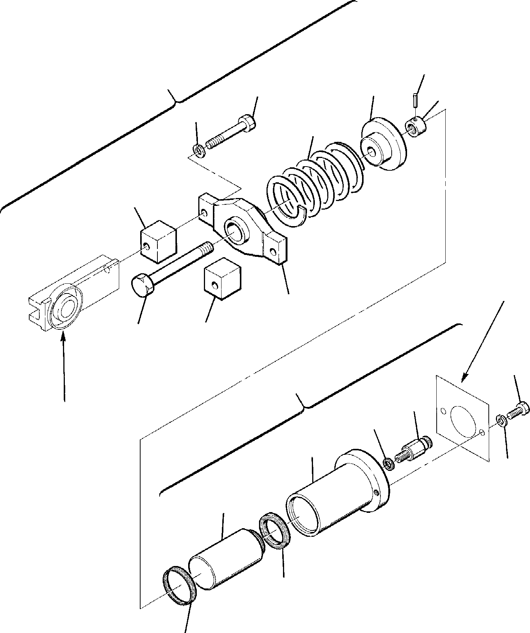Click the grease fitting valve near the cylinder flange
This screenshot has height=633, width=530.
point(414,450)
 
